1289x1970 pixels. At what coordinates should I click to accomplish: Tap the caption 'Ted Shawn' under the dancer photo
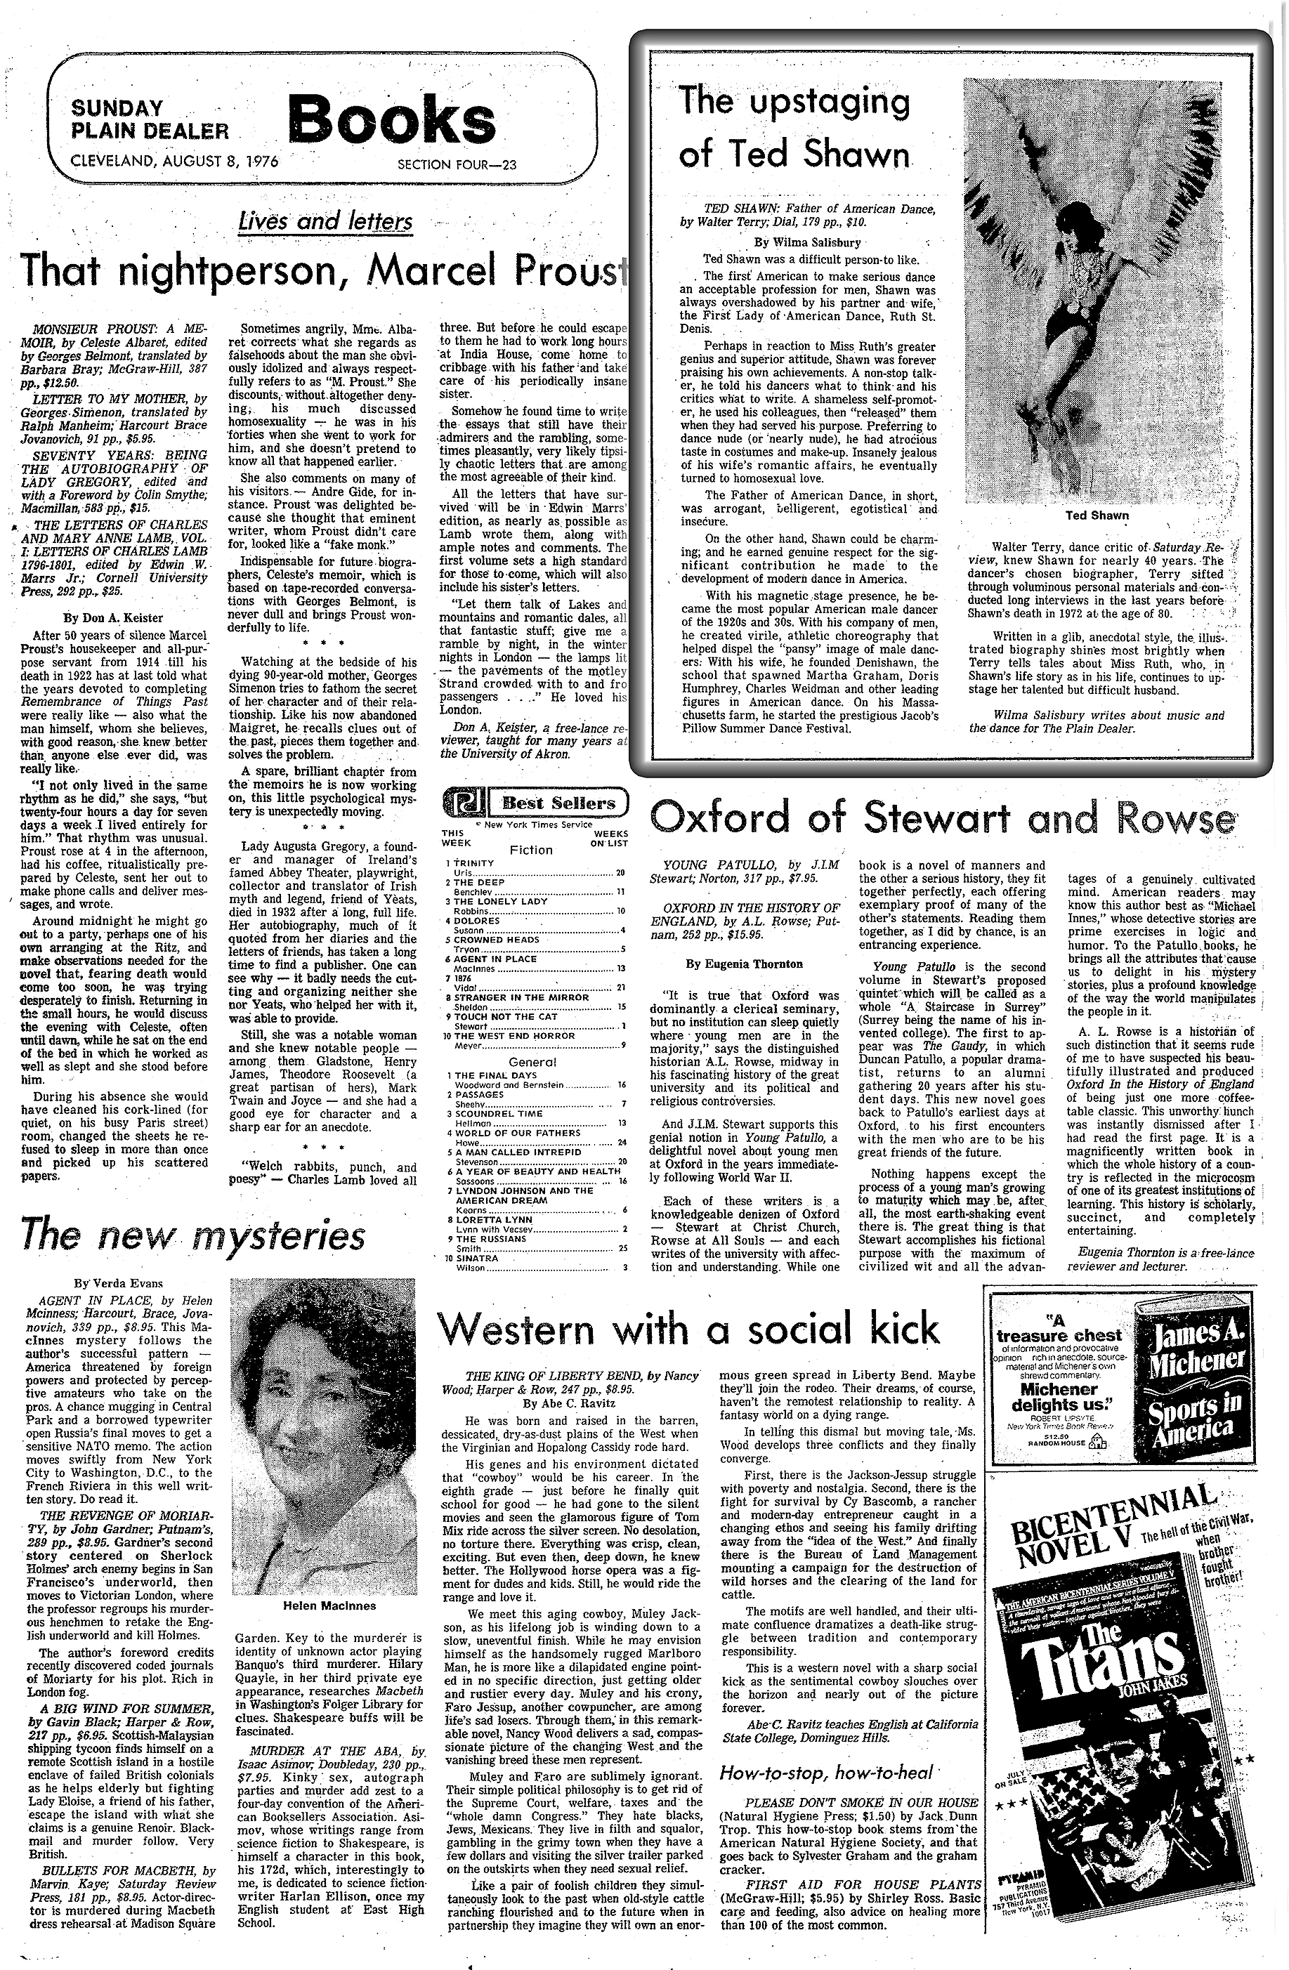tap(1098, 515)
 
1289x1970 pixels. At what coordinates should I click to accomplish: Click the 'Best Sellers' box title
tap(549, 803)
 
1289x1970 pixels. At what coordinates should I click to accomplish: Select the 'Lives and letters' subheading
tap(325, 222)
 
